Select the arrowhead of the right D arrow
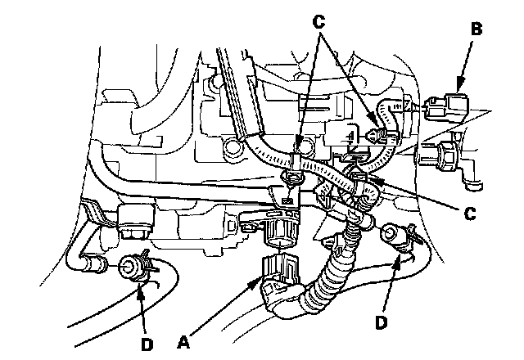tap(400, 255)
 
